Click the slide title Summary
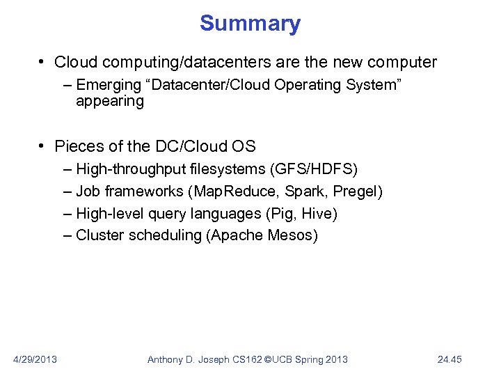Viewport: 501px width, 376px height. tap(250, 23)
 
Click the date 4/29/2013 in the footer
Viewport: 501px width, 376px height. tap(35, 359)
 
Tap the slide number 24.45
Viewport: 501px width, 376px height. tap(450, 359)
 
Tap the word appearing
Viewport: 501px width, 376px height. tap(110, 102)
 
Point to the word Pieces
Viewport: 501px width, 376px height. tap(78, 146)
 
